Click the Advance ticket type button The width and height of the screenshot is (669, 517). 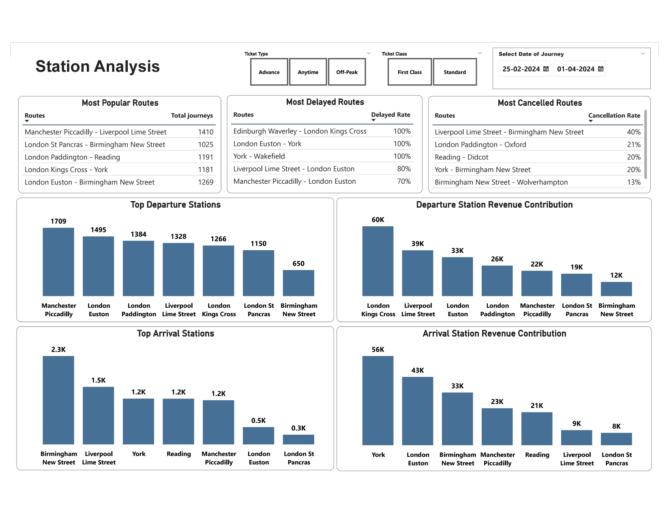point(269,72)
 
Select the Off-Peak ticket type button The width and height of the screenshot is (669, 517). point(347,72)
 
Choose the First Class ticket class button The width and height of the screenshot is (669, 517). point(410,72)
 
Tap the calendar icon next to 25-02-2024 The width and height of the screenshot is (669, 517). point(546,69)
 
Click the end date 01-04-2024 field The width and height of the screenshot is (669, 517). point(575,69)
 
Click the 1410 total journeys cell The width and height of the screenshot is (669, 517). point(206,132)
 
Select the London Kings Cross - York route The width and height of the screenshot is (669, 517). point(66,169)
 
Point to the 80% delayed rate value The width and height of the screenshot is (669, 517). point(404,169)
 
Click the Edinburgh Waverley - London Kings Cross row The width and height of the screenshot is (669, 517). point(300,131)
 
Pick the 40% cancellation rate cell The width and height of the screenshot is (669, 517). point(633,132)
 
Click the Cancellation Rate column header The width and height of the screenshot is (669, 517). point(614,116)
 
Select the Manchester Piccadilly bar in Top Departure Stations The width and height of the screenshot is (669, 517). point(58,262)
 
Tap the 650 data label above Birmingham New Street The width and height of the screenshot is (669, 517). point(298,264)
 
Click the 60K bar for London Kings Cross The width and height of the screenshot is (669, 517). point(378,261)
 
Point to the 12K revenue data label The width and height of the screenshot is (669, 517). point(616,275)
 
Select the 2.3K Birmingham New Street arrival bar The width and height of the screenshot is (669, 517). point(58,400)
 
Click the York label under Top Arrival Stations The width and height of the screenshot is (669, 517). point(139,454)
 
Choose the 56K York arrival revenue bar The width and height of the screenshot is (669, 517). point(378,400)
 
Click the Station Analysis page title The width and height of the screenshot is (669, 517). point(98,67)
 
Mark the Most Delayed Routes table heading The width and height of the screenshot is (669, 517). point(325,102)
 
